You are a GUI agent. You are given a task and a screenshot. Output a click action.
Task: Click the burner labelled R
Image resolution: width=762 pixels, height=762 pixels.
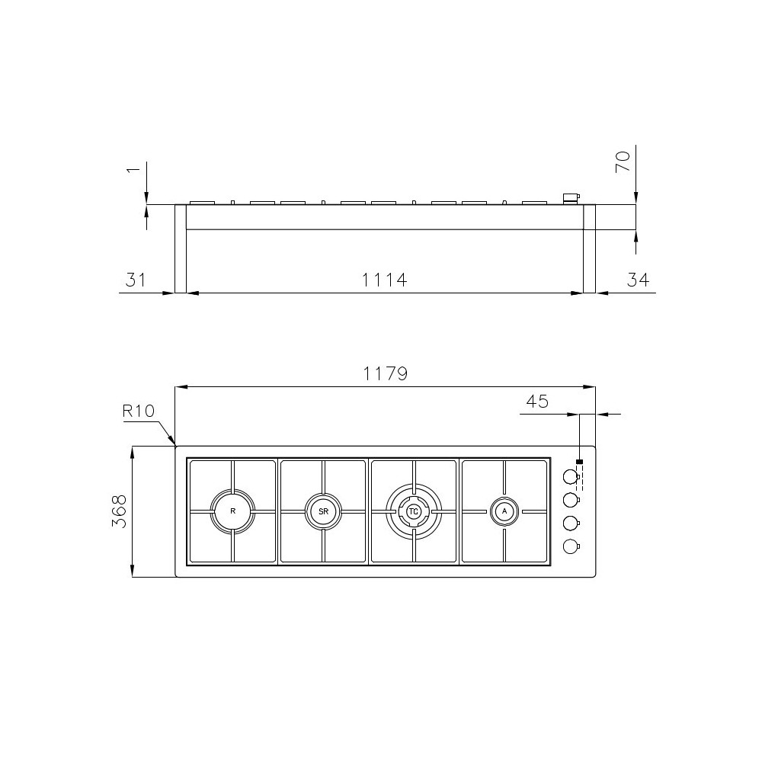pos(232,511)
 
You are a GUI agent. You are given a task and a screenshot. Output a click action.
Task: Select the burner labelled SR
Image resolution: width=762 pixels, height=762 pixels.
pos(323,511)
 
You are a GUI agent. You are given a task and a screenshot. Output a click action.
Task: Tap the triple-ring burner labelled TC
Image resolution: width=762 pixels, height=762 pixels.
pos(414,511)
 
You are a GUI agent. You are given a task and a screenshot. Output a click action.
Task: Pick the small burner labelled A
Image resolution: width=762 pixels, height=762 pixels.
pos(504,511)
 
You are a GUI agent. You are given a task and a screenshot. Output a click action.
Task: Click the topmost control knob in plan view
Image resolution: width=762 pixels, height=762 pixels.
pos(569,477)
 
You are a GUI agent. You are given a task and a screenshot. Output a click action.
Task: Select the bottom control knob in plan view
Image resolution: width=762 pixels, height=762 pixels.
pos(569,546)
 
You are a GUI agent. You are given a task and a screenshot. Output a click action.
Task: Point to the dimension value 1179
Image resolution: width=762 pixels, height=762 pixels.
pos(385,374)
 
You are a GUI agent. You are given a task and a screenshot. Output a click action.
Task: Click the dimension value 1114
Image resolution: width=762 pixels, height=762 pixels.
pos(384,280)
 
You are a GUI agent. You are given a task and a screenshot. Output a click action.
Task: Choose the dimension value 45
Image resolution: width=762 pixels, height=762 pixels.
pos(537,402)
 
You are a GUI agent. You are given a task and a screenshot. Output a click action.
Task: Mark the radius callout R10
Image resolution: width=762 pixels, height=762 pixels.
pos(139,411)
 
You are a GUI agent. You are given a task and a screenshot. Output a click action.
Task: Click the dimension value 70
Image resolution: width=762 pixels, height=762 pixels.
pos(623,162)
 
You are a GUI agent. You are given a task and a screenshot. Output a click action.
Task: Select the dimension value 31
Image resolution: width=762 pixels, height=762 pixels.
pos(136,280)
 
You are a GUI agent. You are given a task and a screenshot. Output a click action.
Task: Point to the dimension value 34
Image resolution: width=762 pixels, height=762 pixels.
pos(638,280)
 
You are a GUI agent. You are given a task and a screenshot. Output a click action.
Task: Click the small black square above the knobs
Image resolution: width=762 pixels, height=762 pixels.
pos(580,463)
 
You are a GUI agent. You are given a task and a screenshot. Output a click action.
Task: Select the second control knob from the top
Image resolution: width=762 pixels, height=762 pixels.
pos(569,500)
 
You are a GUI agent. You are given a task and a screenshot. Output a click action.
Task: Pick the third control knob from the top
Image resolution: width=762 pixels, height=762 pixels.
pos(569,523)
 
